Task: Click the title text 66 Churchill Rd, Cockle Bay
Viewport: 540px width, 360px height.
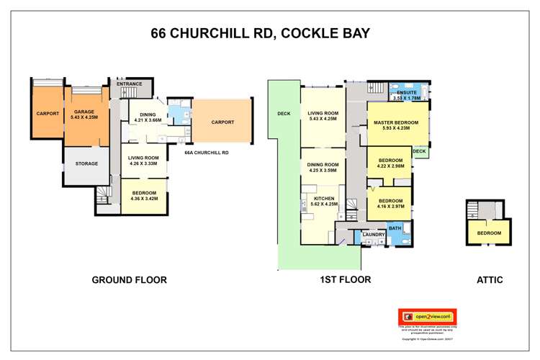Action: coord(270,33)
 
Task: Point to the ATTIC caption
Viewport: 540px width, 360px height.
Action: coord(489,280)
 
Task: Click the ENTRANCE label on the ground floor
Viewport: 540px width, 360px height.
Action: coord(130,84)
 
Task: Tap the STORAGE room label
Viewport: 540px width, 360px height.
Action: coord(86,163)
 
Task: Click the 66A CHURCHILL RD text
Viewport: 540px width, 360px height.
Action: coord(206,152)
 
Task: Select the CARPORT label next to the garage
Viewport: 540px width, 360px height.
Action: coord(47,113)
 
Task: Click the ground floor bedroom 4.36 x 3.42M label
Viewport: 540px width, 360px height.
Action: coord(146,195)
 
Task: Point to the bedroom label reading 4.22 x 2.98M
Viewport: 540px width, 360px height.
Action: coord(391,163)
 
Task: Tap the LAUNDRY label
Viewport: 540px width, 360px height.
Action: coord(373,235)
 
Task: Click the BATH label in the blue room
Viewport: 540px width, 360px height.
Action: coord(395,228)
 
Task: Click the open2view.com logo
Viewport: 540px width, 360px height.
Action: coord(427,316)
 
